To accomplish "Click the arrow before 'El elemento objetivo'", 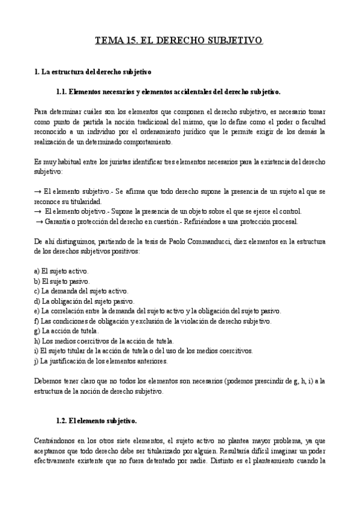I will [38, 211].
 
